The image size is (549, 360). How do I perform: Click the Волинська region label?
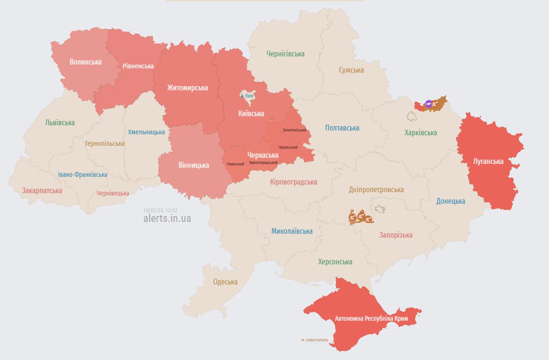(x=85, y=62)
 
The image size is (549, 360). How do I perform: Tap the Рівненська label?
(x=138, y=66)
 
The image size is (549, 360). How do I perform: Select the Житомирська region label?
(x=187, y=88)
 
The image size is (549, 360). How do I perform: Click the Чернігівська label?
(x=285, y=54)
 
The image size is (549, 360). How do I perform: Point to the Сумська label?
(x=351, y=70)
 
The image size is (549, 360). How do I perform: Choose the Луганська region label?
(x=488, y=162)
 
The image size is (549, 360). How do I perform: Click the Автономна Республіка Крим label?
(x=371, y=318)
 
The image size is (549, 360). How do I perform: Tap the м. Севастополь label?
(x=315, y=340)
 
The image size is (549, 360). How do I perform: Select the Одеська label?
(x=225, y=282)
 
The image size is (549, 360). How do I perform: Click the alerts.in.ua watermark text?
(x=167, y=218)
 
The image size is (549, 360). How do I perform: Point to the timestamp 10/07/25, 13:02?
(x=160, y=210)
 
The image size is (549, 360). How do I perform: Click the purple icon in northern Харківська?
(x=428, y=104)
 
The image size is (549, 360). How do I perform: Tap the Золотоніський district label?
(x=294, y=130)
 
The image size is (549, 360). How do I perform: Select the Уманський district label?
(x=235, y=164)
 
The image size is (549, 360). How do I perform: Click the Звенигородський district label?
(x=263, y=163)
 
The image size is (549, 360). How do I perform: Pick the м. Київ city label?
(x=246, y=96)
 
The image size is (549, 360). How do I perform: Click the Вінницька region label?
(x=193, y=165)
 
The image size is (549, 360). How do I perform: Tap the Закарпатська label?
(x=42, y=190)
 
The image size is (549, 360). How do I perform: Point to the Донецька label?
(x=450, y=201)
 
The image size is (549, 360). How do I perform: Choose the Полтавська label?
(x=342, y=128)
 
